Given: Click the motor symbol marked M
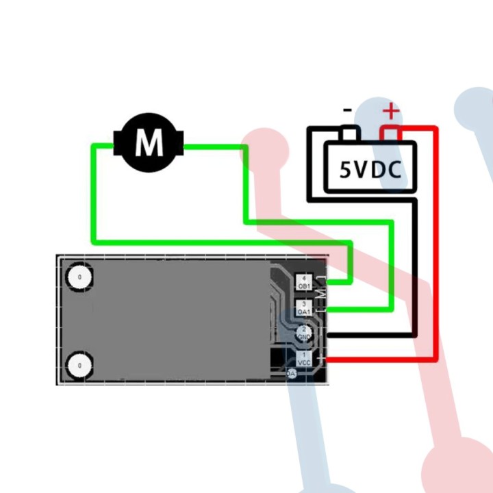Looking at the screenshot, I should click(149, 143).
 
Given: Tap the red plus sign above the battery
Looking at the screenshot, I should click(390, 111).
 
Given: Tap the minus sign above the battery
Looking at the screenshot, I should click(348, 110).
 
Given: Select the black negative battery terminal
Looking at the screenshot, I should click(350, 133).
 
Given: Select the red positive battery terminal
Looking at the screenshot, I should click(390, 134).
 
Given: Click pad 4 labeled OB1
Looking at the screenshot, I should click(304, 281).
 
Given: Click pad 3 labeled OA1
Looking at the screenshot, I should click(304, 307).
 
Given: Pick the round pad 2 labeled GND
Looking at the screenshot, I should click(304, 333).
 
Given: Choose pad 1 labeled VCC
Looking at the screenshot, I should click(304, 357).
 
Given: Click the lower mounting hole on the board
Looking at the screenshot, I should click(80, 366).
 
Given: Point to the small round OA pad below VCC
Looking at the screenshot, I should click(292, 374).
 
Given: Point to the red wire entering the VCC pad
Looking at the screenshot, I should click(336, 359).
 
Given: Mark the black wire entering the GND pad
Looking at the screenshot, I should click(336, 335).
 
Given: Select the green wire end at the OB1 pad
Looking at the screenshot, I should click(336, 281).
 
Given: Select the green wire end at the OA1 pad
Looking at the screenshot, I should click(336, 309).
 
